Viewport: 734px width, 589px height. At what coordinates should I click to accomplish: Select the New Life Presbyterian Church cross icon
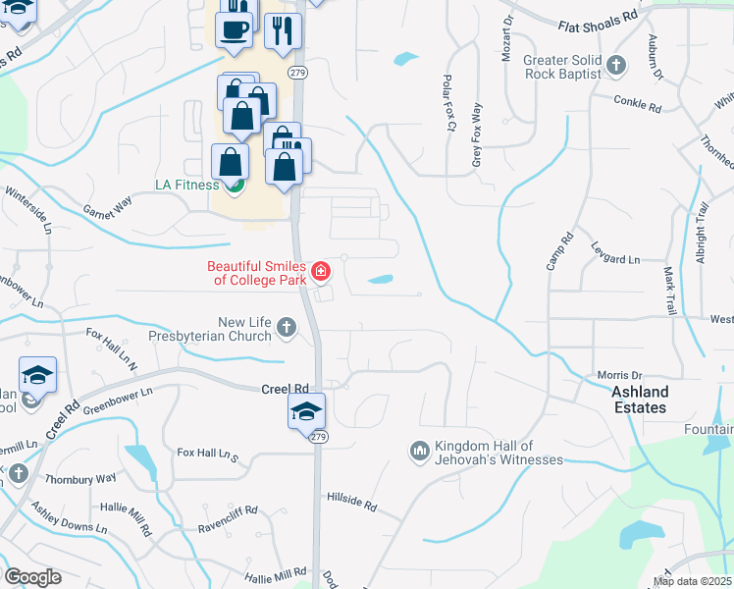click(x=286, y=327)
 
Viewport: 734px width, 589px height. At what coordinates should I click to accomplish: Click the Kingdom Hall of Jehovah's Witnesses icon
click(x=419, y=451)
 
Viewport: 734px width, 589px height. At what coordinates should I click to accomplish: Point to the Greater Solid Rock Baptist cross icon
click(x=616, y=67)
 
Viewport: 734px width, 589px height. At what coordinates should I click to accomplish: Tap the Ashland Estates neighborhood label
click(x=639, y=400)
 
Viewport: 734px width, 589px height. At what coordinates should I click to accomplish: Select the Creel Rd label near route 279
click(x=285, y=389)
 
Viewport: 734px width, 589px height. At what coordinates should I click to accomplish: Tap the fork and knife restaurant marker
click(x=283, y=30)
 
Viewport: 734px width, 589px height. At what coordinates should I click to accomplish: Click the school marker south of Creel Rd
click(x=306, y=410)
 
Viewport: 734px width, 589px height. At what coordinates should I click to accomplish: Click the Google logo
click(x=32, y=577)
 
